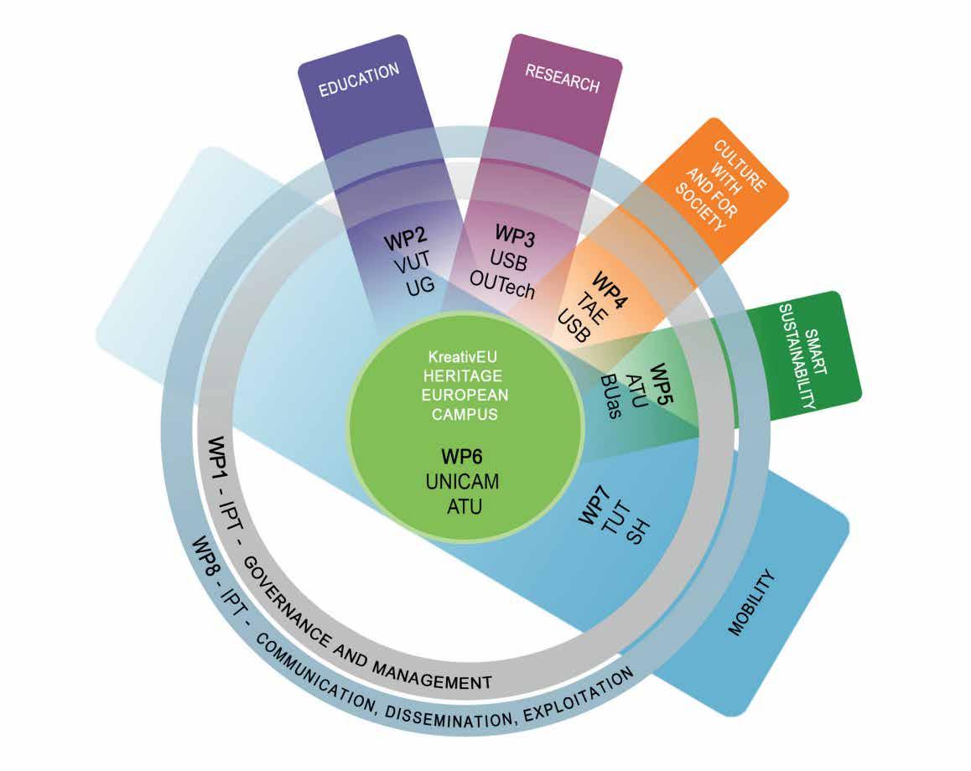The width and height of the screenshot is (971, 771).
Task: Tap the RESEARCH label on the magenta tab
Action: [562, 78]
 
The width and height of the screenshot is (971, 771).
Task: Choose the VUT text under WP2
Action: [410, 266]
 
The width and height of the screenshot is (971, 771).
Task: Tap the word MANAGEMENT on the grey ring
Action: [435, 676]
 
